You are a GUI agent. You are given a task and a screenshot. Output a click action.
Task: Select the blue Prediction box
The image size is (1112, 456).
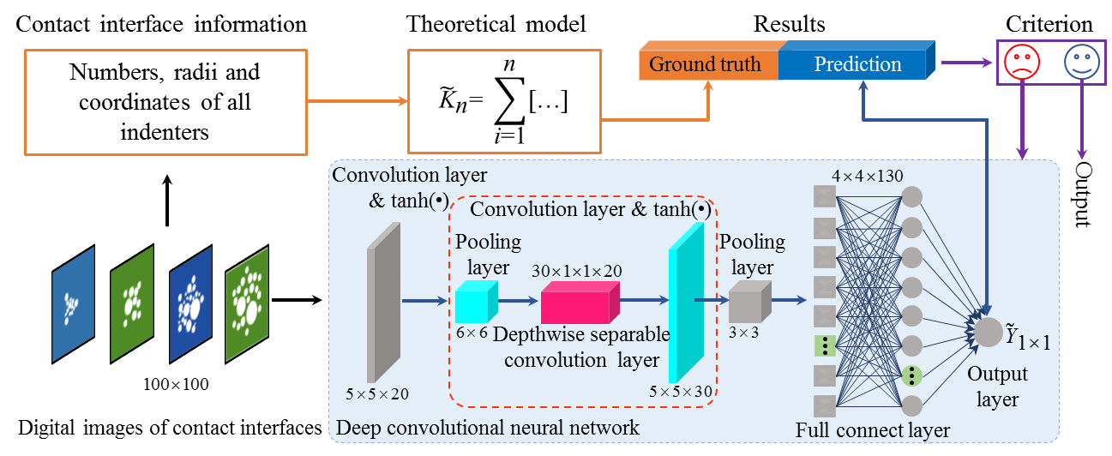point(857,64)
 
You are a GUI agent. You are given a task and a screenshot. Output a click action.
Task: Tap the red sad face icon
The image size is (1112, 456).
point(1022,62)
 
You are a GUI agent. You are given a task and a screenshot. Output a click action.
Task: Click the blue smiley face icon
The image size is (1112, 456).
point(1080,62)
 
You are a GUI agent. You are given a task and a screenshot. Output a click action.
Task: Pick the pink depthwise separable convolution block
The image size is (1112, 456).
point(580,301)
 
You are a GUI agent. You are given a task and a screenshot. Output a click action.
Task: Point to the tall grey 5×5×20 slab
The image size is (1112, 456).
point(383,302)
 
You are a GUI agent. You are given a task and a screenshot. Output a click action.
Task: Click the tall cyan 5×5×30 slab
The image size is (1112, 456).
point(686,301)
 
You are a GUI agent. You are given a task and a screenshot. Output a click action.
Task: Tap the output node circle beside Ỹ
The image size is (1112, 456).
point(989,332)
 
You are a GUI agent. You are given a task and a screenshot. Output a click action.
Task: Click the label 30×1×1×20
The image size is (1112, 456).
point(576,271)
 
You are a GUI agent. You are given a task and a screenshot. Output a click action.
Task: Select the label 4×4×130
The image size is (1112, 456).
point(867,177)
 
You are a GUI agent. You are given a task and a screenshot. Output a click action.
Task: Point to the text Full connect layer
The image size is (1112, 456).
point(873,429)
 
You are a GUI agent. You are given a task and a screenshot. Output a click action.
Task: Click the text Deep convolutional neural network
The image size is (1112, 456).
point(488,427)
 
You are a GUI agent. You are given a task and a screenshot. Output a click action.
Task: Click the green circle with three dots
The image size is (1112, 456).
point(912,375)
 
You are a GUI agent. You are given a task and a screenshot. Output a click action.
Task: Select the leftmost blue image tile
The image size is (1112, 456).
point(72,304)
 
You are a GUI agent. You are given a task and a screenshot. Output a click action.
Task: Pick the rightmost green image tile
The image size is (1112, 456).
point(247,304)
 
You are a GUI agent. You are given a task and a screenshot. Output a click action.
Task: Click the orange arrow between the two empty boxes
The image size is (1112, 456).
point(357,101)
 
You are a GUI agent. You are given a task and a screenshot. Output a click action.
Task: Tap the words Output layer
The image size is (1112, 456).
point(997,387)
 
